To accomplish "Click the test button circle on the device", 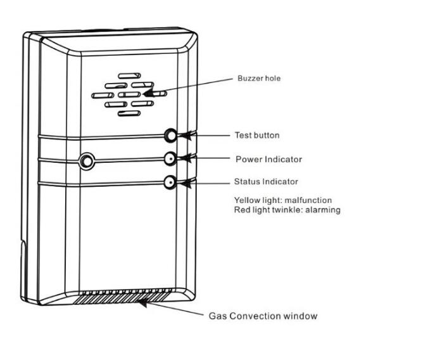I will pyautogui.click(x=170, y=136).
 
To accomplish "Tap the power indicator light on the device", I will pyautogui.click(x=170, y=159).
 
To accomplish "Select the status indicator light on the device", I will pyautogui.click(x=170, y=183).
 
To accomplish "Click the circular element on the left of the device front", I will pyautogui.click(x=86, y=160).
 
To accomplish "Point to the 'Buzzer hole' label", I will pyautogui.click(x=258, y=79).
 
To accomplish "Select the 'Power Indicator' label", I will pyautogui.click(x=268, y=159).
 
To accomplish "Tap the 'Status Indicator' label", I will pyautogui.click(x=266, y=182).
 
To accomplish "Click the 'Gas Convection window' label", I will pyautogui.click(x=263, y=316).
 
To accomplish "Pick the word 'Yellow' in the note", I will pyautogui.click(x=246, y=200).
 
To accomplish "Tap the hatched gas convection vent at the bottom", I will pyautogui.click(x=123, y=296).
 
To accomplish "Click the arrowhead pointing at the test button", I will pyautogui.click(x=184, y=136).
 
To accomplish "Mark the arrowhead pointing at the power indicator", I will pyautogui.click(x=183, y=159).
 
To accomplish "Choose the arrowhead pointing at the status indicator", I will pyautogui.click(x=183, y=183).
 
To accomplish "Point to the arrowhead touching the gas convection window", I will pyautogui.click(x=143, y=303).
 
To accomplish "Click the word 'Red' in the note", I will pyautogui.click(x=241, y=210).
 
